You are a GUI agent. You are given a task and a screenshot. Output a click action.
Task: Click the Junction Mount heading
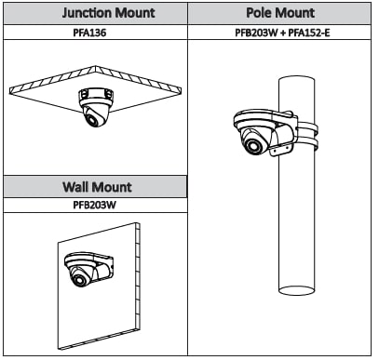[x=108, y=13]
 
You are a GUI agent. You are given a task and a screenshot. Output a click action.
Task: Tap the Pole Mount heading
[x=280, y=13]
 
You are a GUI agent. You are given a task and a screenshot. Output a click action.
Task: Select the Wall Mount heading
[x=98, y=187]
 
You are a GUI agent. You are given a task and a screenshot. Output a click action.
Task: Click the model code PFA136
[x=89, y=33]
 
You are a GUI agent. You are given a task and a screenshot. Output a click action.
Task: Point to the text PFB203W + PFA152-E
[x=282, y=33]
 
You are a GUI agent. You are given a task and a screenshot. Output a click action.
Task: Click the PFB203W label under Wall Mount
[x=94, y=205]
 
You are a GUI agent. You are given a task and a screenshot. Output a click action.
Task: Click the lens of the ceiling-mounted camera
[x=92, y=119]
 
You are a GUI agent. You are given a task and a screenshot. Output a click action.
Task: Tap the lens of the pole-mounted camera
[x=253, y=146]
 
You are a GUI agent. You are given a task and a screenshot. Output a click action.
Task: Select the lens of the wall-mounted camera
[x=79, y=280]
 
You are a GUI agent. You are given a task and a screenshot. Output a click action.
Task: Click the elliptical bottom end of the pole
[x=296, y=290]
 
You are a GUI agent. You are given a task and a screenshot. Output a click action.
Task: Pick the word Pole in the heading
[x=259, y=13]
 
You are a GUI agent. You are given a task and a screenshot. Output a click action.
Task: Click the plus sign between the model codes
[x=283, y=33]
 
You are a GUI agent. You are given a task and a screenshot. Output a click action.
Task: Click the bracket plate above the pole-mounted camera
[x=264, y=118]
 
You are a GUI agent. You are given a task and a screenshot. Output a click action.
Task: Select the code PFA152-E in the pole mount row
[x=309, y=33]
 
